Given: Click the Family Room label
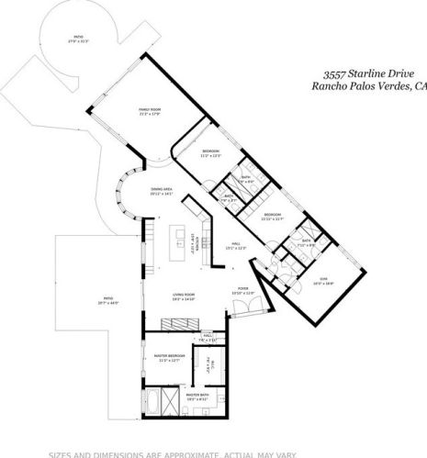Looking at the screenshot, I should [x=150, y=111].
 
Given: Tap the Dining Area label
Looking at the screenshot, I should [x=162, y=192].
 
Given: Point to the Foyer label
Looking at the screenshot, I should [x=243, y=291].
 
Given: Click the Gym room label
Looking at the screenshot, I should [x=323, y=283].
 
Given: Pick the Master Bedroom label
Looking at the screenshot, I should [x=170, y=358].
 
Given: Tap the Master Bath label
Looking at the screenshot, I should [x=198, y=397].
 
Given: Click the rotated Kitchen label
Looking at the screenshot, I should [x=194, y=246].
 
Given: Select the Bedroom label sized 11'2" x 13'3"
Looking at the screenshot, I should [x=211, y=152].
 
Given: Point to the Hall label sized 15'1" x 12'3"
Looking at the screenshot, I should [x=237, y=246].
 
